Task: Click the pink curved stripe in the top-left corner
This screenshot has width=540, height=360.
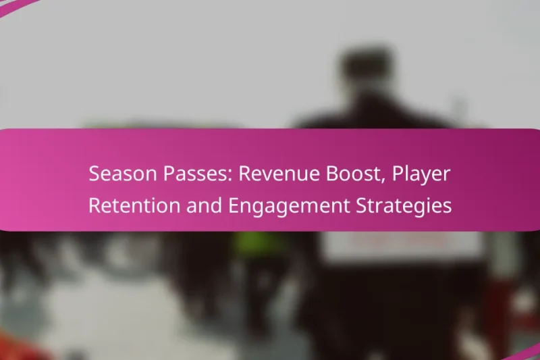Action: pos(17,7)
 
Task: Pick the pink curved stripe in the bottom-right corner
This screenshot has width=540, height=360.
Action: pos(523,351)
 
